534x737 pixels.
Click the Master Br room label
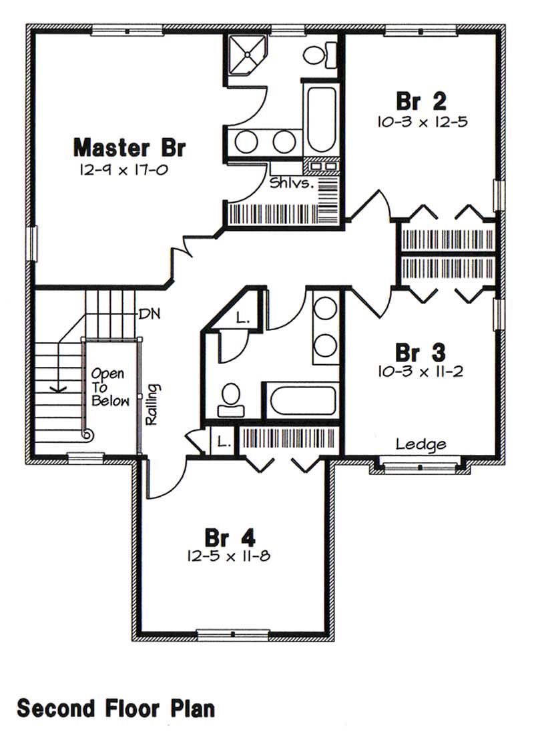[129, 147]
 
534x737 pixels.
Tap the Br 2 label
[421, 101]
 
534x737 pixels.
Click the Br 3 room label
[421, 351]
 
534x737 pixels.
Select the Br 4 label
[229, 537]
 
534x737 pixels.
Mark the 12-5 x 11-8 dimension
[229, 557]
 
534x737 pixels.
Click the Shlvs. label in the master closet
[292, 183]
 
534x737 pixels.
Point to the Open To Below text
[108, 388]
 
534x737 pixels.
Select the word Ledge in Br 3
[421, 444]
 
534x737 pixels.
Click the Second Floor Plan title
[116, 708]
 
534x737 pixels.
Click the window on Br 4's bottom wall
[233, 634]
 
